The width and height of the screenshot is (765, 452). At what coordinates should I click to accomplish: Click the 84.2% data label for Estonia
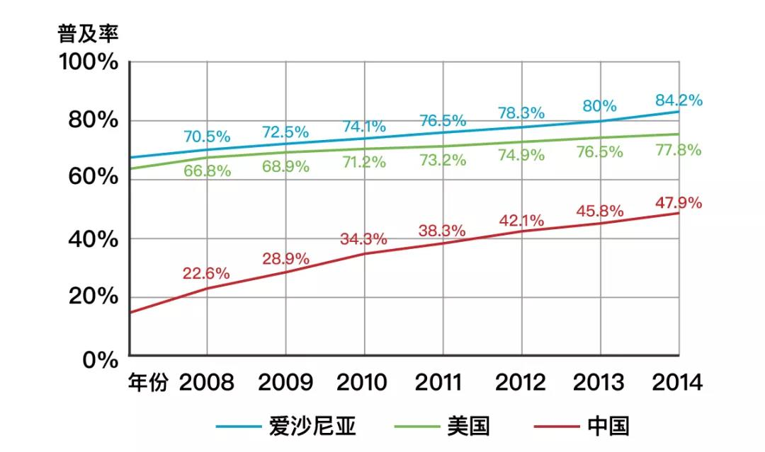click(679, 100)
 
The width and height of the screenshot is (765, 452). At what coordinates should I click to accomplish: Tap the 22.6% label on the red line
click(206, 273)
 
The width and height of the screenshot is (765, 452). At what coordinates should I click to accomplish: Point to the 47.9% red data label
click(679, 203)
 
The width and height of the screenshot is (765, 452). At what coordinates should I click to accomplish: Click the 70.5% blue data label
click(207, 136)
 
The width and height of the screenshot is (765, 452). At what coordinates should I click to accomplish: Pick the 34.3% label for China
click(364, 238)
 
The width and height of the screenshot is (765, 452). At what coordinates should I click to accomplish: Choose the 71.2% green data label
click(363, 162)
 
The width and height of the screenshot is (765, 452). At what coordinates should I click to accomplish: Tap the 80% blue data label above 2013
click(600, 106)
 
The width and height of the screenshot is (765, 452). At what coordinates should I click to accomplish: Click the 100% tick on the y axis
click(88, 62)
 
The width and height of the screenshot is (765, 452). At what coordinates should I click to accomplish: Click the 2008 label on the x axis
click(206, 383)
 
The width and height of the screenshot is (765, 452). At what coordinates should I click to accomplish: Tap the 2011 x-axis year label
click(443, 383)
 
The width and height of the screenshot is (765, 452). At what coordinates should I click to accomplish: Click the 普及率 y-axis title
click(88, 34)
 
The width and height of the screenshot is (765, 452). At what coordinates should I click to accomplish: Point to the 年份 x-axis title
click(149, 383)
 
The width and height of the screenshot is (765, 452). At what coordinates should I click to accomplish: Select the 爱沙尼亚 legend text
click(312, 426)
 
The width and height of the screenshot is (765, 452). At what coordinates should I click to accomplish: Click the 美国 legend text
click(468, 426)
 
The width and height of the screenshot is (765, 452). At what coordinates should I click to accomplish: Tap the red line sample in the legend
click(554, 427)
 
